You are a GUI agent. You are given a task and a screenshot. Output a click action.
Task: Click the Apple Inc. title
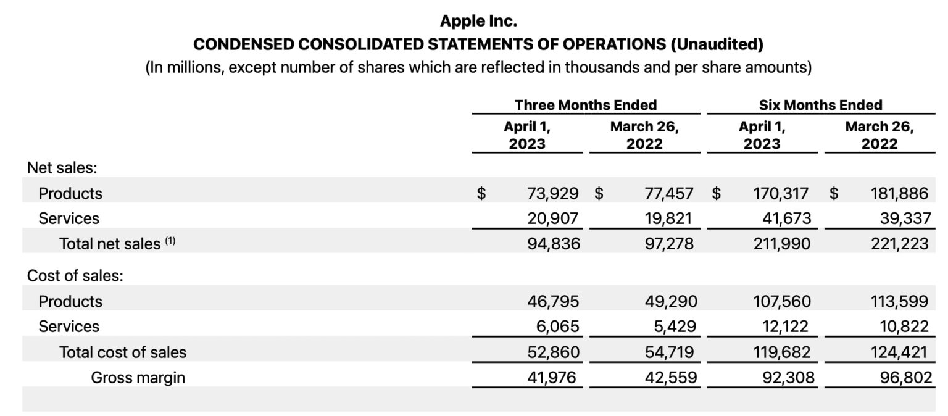(x=478, y=21)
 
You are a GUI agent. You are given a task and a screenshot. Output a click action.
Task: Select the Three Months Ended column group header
(x=586, y=105)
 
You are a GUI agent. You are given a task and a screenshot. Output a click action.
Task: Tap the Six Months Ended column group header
(x=820, y=105)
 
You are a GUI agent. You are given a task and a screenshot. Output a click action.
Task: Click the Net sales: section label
(x=62, y=167)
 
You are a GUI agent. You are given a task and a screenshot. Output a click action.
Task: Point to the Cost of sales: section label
(x=75, y=275)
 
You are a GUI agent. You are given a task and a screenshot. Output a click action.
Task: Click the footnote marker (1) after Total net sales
(x=170, y=242)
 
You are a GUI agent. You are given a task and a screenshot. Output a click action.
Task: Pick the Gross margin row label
(x=138, y=377)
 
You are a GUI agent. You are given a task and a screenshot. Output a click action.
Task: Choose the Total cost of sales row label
(x=122, y=352)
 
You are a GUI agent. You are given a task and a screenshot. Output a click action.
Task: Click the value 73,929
(x=553, y=194)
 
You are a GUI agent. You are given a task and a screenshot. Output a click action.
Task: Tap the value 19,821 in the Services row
(x=669, y=218)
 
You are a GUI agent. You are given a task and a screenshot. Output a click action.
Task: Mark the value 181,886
(x=899, y=194)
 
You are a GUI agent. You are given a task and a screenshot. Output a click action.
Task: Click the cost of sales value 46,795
(x=553, y=301)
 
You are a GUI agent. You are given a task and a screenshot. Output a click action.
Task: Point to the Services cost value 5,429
(x=674, y=326)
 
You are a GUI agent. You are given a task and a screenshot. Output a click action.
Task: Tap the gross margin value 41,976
(x=553, y=377)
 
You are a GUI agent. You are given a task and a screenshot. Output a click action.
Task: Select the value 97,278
(x=669, y=244)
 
